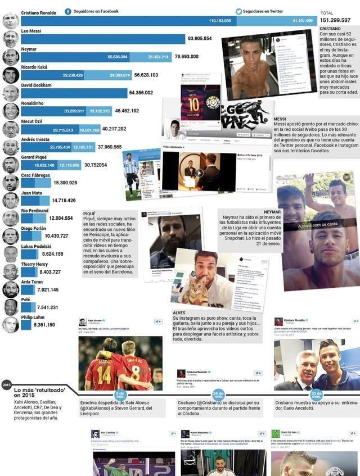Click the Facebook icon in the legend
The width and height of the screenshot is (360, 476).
click(68, 11)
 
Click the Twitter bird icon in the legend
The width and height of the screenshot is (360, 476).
click(239, 11)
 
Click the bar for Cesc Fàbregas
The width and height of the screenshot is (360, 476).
click(35, 183)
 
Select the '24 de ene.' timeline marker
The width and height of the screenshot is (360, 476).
click(218, 395)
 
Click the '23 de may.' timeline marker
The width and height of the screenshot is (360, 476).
click(317, 395)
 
